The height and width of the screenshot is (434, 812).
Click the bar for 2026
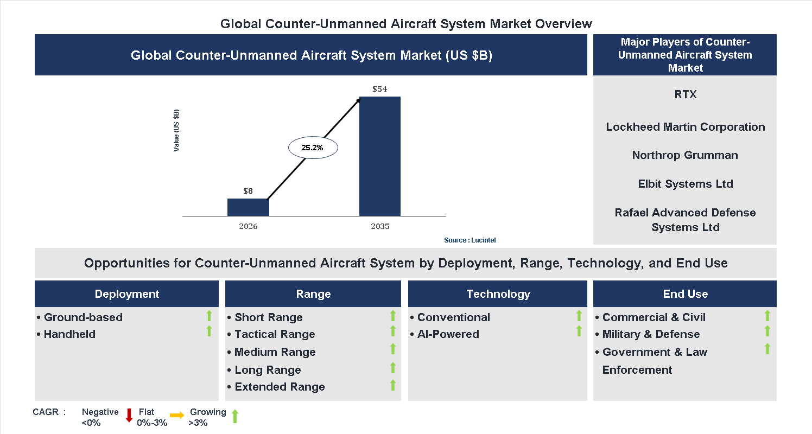(x=248, y=207)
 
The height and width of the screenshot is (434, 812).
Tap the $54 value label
(x=380, y=89)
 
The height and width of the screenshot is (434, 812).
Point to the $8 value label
(x=248, y=191)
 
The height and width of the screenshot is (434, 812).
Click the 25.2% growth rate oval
(x=313, y=148)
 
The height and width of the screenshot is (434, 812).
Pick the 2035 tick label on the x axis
(x=380, y=226)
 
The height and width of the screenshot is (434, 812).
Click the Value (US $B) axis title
(x=176, y=131)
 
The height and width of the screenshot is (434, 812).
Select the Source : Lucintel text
(x=470, y=240)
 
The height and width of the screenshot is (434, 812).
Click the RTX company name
(x=685, y=94)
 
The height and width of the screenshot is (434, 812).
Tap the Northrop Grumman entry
(x=685, y=155)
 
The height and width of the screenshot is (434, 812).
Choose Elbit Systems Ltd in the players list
(x=685, y=184)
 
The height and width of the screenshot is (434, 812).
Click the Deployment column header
(x=126, y=294)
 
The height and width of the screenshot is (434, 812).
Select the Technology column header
(x=498, y=294)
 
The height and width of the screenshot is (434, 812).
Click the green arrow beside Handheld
(x=209, y=331)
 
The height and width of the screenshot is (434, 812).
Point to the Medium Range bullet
(x=275, y=352)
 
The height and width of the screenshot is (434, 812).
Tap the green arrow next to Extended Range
(x=393, y=385)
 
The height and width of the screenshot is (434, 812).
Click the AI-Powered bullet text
(x=448, y=334)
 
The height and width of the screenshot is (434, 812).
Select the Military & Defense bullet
(x=651, y=334)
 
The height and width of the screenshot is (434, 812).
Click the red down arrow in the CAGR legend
(x=129, y=416)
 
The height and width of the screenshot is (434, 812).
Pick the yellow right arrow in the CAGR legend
(x=177, y=416)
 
